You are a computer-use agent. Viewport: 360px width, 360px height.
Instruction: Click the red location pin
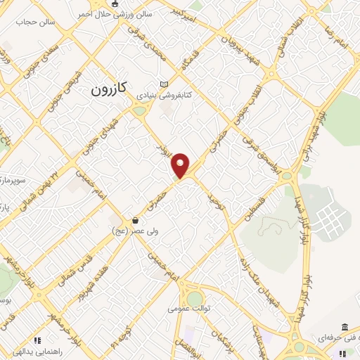(181, 165)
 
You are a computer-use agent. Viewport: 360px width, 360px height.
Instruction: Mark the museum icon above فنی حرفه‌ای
(345, 327)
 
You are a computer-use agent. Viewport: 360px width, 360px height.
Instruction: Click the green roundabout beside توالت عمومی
(194, 298)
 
